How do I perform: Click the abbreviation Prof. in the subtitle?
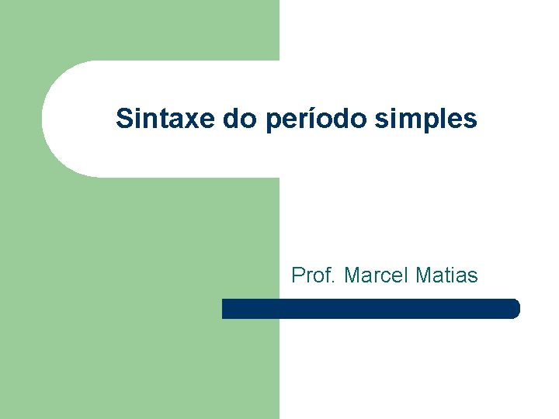click(x=314, y=275)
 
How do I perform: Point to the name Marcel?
click(x=377, y=275)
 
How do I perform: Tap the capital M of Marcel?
click(x=352, y=275)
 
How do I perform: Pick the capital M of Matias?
click(x=425, y=275)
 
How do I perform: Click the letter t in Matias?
click(x=450, y=275)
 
